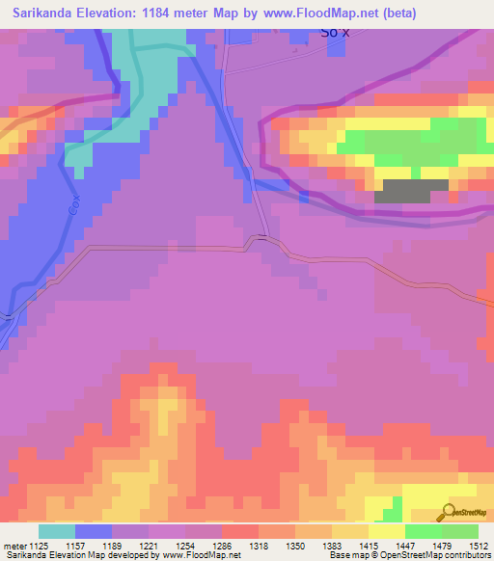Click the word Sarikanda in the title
pos(44,13)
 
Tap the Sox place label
pos(331,33)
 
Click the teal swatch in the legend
pos(56,531)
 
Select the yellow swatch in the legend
pos(386,531)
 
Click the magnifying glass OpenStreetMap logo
pos(449,513)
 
